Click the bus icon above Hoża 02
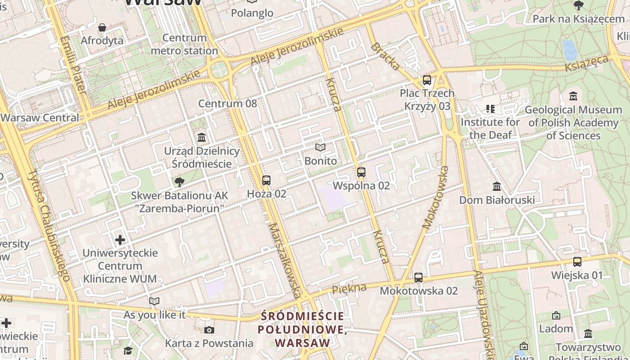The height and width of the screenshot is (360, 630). [266, 180]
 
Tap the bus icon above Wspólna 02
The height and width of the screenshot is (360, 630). [361, 172]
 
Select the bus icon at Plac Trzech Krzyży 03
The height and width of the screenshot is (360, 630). [427, 80]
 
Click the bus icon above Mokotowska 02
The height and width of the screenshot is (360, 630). [418, 277]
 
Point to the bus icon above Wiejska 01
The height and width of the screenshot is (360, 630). [577, 261]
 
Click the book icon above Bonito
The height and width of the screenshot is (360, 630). [320, 147]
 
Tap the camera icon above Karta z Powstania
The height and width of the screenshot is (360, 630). [209, 330]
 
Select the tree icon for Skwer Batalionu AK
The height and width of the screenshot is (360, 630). [180, 182]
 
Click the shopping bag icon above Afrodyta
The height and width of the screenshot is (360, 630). [102, 27]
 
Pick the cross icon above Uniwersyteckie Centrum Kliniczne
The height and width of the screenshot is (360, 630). [120, 239]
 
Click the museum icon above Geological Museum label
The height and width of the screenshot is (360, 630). [573, 96]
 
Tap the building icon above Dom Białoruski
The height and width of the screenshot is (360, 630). [497, 186]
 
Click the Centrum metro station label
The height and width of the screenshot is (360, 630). [184, 44]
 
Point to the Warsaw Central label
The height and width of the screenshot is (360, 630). [40, 118]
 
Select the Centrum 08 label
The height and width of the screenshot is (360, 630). [228, 103]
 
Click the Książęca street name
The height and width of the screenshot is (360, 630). [587, 63]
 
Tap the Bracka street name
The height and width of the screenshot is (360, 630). [385, 57]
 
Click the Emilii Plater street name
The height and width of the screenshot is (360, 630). [73, 65]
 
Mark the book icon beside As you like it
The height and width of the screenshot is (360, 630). [154, 301]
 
